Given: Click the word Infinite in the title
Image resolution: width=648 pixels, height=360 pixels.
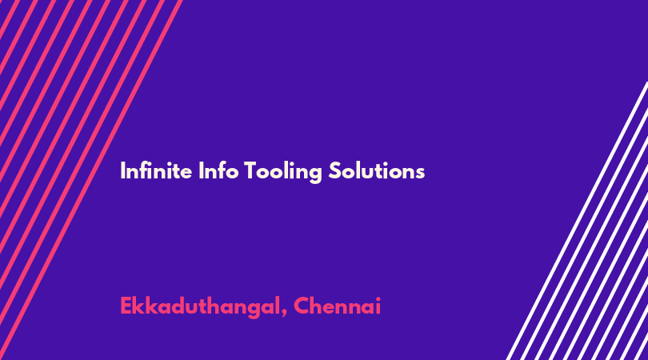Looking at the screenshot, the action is pos(156,170).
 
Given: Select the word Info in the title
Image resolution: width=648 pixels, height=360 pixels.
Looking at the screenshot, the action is pos(218,170).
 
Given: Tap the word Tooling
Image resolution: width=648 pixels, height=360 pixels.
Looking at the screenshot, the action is pos(283,171).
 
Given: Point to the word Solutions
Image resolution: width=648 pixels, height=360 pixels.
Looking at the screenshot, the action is pos(377,170).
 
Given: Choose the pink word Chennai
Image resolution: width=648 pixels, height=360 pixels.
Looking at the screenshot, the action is pos(338,306).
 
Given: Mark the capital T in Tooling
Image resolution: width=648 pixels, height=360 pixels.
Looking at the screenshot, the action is pos(250,170).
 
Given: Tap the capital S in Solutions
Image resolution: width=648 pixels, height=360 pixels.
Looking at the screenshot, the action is pos(335,170).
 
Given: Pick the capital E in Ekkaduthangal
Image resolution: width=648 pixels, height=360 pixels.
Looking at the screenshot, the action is pos(126,306).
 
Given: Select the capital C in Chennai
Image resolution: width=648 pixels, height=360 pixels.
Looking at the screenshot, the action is pos(301,306).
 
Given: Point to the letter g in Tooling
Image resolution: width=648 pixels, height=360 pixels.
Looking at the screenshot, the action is pos(315,174).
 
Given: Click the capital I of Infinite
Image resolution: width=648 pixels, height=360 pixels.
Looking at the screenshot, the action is pos(122,170).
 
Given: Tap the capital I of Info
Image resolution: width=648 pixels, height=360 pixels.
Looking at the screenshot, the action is pos(201,170).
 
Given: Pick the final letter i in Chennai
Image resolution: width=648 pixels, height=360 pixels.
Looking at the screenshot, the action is pos(378,306).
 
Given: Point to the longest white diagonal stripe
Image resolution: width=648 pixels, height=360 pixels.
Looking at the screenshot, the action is pos(577,221).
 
